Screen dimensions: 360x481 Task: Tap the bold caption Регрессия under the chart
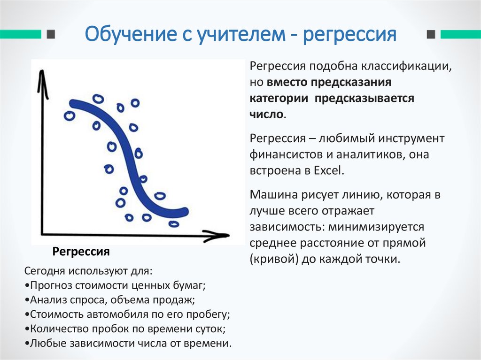click(x=81, y=252)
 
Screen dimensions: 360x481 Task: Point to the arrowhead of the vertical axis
click(x=42, y=76)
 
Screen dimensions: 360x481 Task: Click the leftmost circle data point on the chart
click(x=70, y=115)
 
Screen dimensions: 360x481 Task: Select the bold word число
click(x=266, y=114)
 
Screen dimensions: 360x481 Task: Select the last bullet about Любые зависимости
click(x=127, y=343)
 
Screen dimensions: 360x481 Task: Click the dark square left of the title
click(x=51, y=35)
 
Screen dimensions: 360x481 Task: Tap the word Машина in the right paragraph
click(x=271, y=195)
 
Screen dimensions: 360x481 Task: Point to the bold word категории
click(x=278, y=99)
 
